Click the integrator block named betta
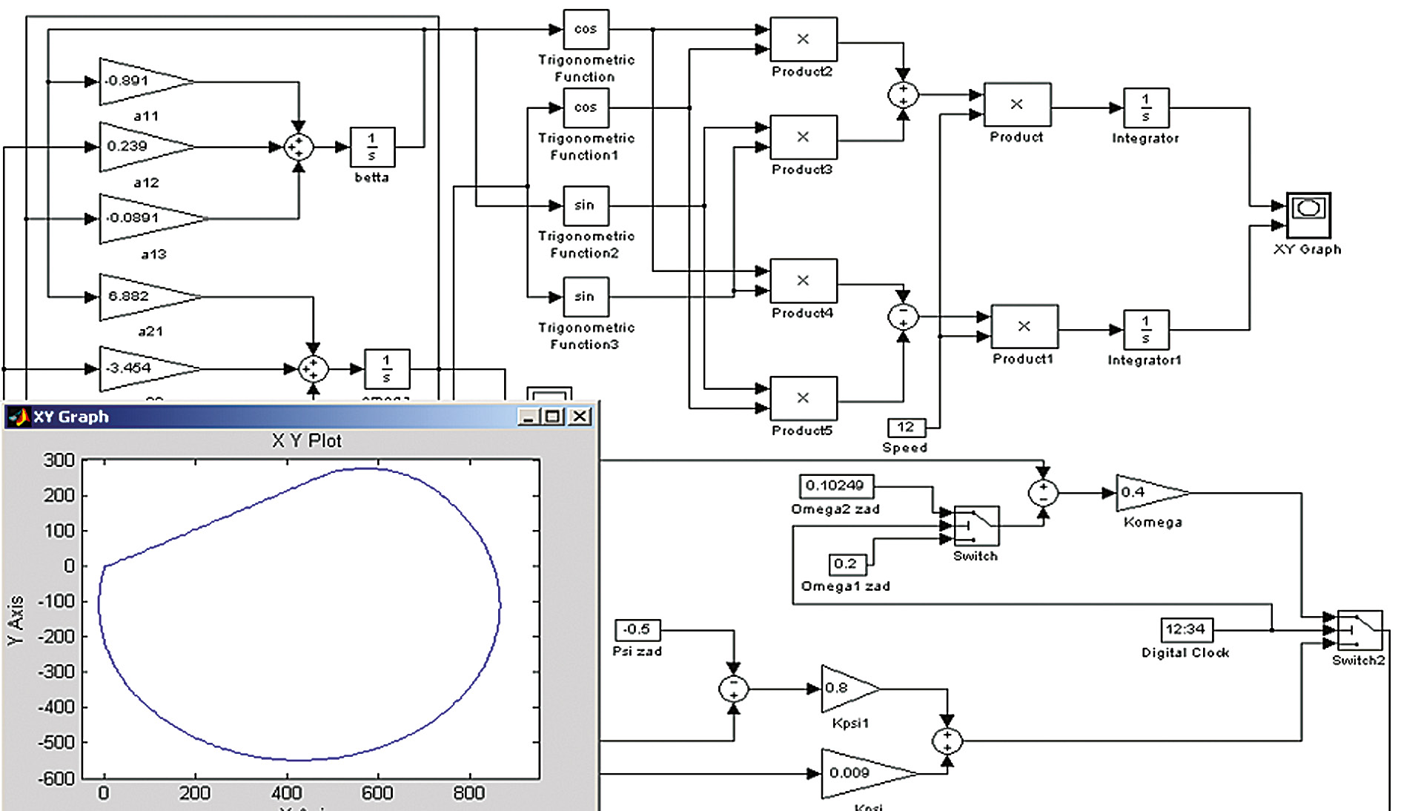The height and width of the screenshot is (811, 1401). (x=372, y=147)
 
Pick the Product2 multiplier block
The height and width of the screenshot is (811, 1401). (x=804, y=39)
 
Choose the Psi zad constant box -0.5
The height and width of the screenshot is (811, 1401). (x=637, y=630)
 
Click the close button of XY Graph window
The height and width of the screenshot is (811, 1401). (x=580, y=417)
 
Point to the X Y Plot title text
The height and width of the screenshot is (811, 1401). (x=307, y=441)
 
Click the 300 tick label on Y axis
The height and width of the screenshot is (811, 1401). (x=59, y=460)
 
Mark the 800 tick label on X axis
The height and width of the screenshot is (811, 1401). (x=468, y=793)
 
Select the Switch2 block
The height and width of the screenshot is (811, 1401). (x=1359, y=631)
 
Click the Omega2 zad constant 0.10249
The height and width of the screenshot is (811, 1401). (x=836, y=486)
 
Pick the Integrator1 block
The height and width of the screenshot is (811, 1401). (x=1146, y=330)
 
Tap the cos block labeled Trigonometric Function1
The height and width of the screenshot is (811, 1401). (x=586, y=108)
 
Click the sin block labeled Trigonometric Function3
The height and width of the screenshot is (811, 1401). (x=586, y=297)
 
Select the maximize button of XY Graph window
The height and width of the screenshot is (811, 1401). (x=552, y=417)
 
